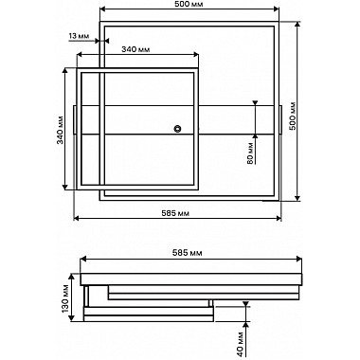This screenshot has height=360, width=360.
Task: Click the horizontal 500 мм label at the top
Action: (x=189, y=4)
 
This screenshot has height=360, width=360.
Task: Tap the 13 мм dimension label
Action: (x=79, y=36)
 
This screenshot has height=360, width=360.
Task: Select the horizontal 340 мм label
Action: (x=135, y=49)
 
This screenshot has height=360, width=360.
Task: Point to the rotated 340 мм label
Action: (x=60, y=130)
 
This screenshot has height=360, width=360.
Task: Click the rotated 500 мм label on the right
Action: (x=293, y=116)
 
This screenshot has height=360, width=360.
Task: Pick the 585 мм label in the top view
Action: (x=175, y=213)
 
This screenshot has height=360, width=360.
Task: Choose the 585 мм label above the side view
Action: (x=188, y=253)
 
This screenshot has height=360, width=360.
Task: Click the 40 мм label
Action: (x=240, y=344)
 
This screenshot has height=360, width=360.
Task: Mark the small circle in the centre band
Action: (x=177, y=129)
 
